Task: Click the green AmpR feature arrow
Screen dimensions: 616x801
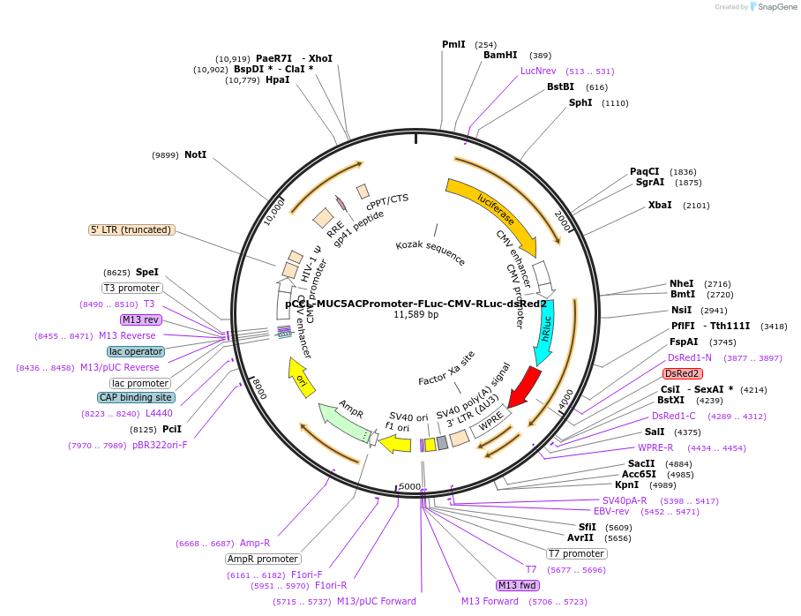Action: coord(342,421)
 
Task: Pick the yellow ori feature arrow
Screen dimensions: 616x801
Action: coord(300,378)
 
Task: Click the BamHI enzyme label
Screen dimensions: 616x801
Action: coord(500,55)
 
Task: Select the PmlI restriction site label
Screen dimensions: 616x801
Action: coord(453,44)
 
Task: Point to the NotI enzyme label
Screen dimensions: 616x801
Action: coord(195,154)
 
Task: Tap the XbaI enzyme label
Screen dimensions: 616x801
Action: coord(660,205)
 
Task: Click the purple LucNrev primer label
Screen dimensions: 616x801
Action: coord(538,71)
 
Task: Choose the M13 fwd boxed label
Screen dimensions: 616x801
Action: coord(518,585)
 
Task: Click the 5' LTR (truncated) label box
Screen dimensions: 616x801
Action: coord(131,229)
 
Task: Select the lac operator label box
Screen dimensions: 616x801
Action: coord(136,351)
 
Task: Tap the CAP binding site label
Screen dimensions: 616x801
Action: coord(136,397)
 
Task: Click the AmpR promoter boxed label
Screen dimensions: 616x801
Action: coord(263,559)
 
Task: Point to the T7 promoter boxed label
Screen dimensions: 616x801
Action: coord(576,553)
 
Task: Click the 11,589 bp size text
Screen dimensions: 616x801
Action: coord(415,314)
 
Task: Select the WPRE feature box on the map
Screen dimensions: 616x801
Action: coord(490,423)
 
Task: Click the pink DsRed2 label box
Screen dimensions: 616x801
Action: coord(683,373)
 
